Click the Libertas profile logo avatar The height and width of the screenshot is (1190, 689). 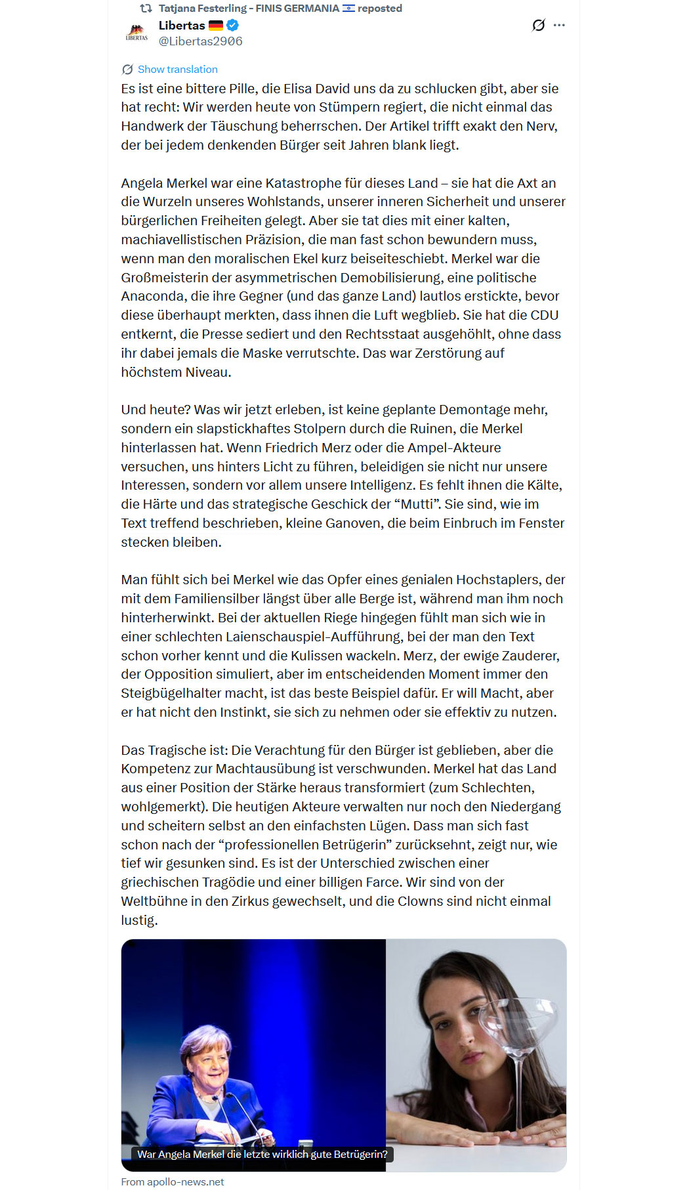[x=136, y=33]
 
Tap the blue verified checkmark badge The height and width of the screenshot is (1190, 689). [x=233, y=26]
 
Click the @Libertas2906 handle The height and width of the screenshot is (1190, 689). [x=200, y=41]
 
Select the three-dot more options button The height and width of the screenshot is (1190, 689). [x=559, y=26]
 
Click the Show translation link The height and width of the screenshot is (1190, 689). [x=177, y=70]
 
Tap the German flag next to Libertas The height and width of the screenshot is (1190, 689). [x=216, y=26]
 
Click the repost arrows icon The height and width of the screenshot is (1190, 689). [x=146, y=9]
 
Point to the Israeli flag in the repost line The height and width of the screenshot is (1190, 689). [x=348, y=9]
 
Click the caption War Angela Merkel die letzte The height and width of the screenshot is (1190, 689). [x=262, y=1154]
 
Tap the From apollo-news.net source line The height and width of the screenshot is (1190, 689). [x=172, y=1181]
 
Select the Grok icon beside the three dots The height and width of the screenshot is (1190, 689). [x=538, y=26]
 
